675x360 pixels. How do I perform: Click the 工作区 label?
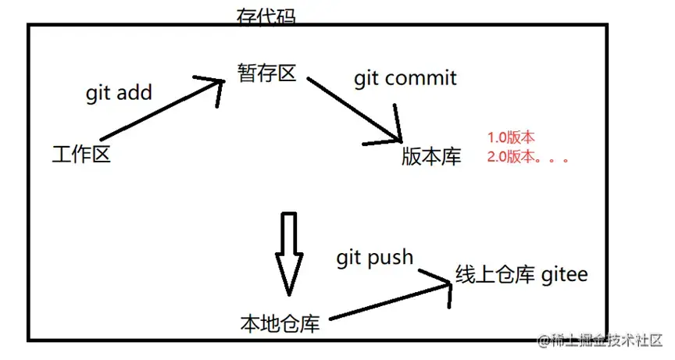coord(81,155)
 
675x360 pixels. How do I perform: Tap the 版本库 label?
coord(431,156)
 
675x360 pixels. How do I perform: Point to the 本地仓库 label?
coord(280,323)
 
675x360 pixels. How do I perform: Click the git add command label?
coord(119,93)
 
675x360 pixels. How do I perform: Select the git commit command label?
coord(405,78)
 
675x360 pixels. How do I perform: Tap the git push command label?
coord(374,257)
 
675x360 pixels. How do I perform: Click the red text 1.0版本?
coord(511,137)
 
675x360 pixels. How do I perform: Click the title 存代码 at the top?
coord(266,16)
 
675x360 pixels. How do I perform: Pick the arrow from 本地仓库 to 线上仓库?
coord(391,301)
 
